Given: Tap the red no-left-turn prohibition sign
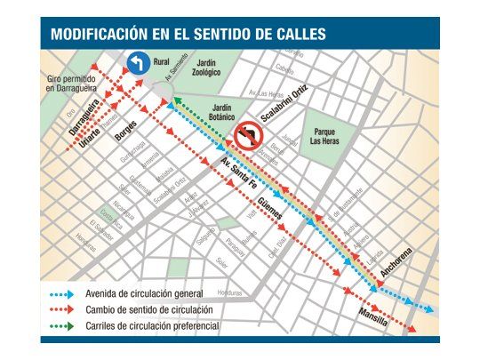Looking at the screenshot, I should (246, 136).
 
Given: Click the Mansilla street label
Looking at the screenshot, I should (372, 316).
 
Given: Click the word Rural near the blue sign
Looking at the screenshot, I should (161, 61).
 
